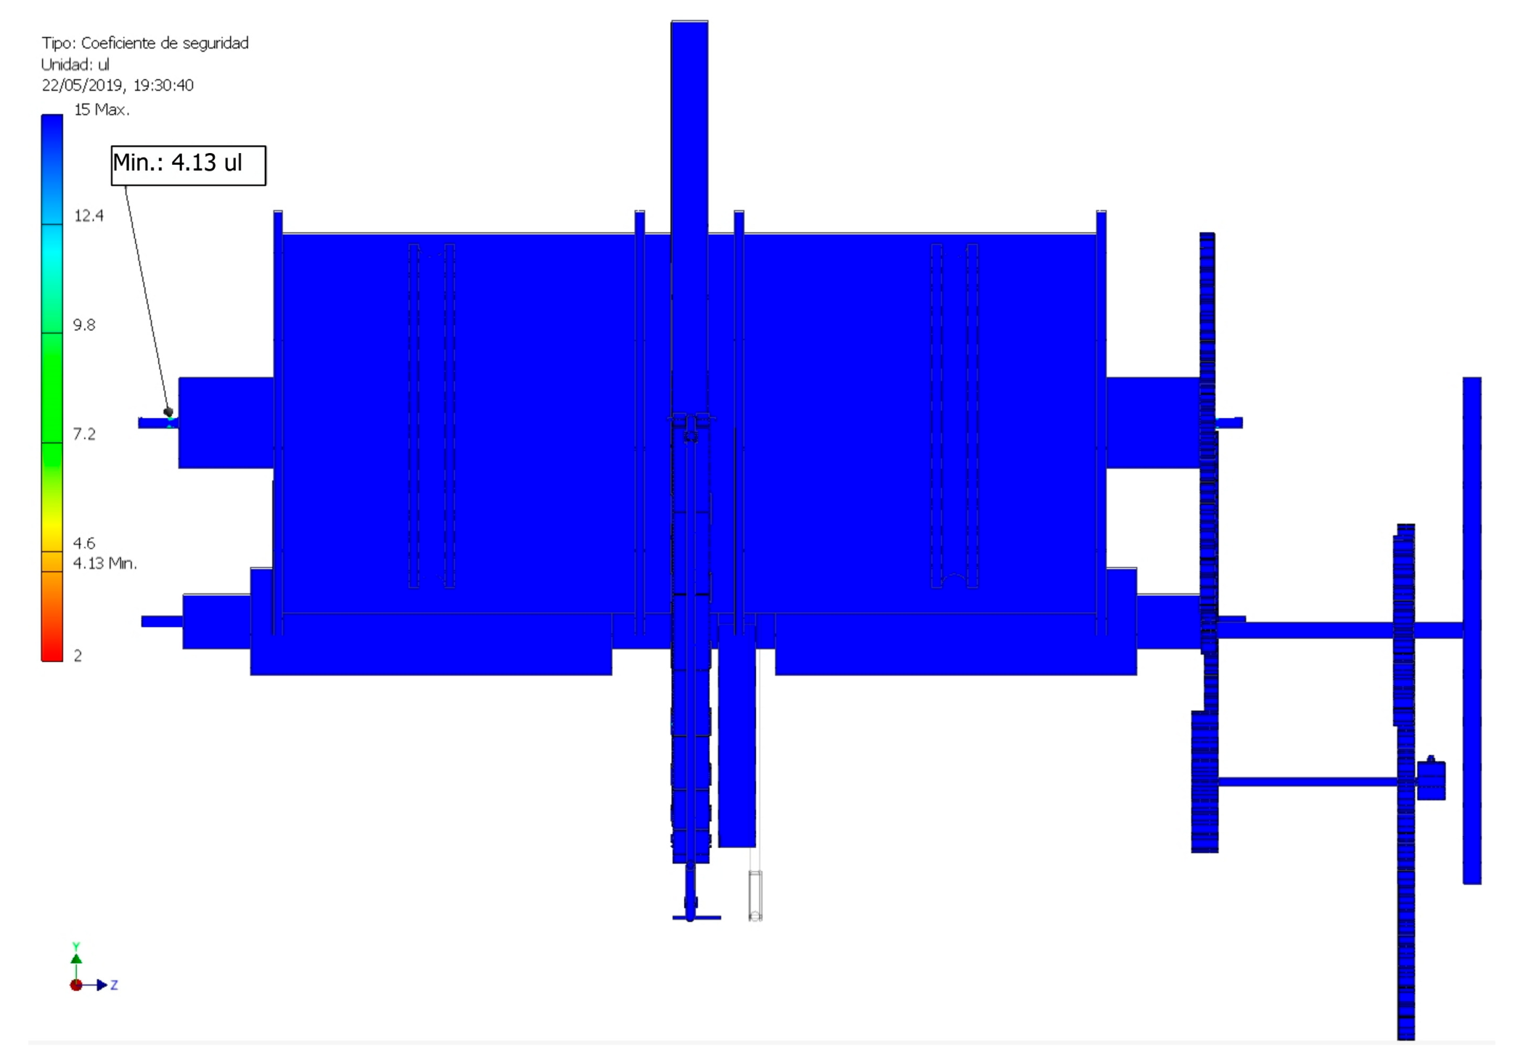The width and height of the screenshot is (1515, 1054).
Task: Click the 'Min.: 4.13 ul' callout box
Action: click(x=189, y=166)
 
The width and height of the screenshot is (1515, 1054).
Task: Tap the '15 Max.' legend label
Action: click(x=102, y=110)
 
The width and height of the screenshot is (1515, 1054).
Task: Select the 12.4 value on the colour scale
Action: click(x=89, y=216)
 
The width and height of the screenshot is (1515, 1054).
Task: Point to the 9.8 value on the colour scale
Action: click(x=84, y=324)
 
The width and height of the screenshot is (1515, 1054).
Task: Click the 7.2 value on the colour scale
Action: click(x=84, y=434)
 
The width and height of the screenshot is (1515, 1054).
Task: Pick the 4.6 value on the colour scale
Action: click(x=84, y=543)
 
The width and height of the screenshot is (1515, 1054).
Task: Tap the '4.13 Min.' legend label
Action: click(x=105, y=563)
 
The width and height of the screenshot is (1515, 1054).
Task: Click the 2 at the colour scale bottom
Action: click(x=78, y=655)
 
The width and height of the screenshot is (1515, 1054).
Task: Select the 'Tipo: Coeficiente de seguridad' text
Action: click(x=145, y=44)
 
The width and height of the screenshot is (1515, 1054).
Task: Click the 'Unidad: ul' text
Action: click(x=75, y=65)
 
